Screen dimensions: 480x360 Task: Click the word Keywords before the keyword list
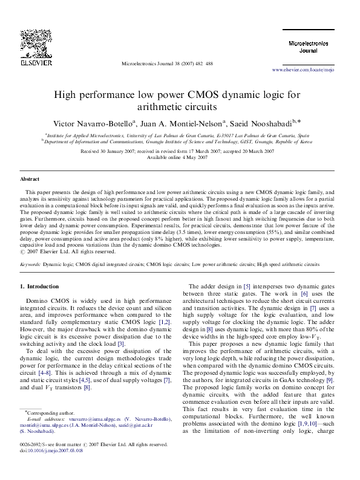click(30, 264)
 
